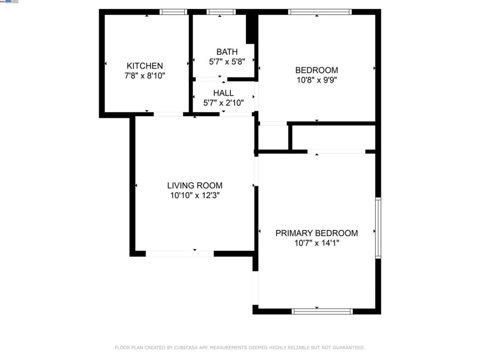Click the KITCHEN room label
[145, 66]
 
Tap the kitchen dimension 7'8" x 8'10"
[145, 75]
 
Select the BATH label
[227, 52]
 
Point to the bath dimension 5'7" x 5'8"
[227, 61]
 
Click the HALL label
[223, 93]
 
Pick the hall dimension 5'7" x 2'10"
[223, 102]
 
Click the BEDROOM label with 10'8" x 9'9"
[316, 70]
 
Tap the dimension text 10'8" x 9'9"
[316, 80]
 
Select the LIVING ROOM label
[195, 186]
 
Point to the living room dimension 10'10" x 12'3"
[195, 195]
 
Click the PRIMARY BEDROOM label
[316, 233]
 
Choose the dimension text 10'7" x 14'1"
[316, 243]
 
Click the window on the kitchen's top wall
[173, 12]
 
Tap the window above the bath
[221, 12]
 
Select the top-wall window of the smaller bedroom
[320, 12]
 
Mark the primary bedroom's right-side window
[378, 228]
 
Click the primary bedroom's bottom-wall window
[322, 311]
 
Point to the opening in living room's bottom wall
[180, 254]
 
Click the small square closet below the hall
[273, 138]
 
